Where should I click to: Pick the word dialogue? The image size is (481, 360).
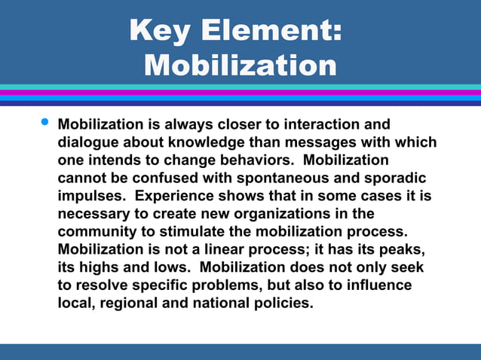coord(91,142)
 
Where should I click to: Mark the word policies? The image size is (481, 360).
coord(283,304)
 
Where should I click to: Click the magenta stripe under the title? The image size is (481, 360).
coord(240,93)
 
